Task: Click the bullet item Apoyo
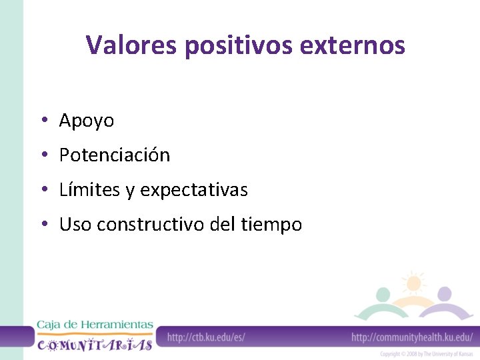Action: point(87,121)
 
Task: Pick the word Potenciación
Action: point(115,155)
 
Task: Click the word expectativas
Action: point(194,190)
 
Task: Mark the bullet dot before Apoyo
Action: point(42,121)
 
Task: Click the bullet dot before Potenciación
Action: point(42,155)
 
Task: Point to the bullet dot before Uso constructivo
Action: point(42,225)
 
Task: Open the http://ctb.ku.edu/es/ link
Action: point(206,337)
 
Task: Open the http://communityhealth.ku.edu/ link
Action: point(411,337)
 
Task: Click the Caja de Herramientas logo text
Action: point(94,325)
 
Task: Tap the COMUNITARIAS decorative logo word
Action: point(94,344)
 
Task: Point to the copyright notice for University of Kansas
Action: point(426,354)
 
